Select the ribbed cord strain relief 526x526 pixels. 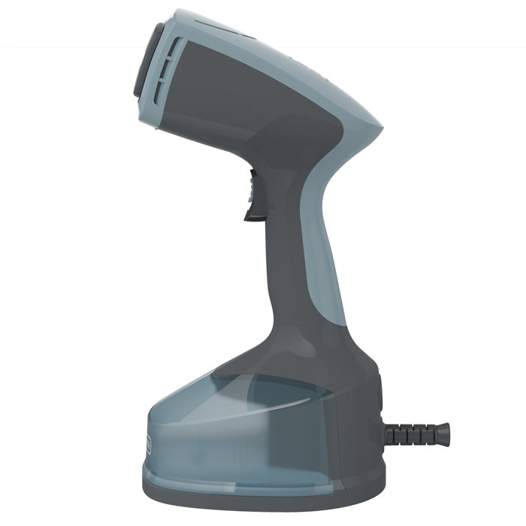click(x=416, y=434)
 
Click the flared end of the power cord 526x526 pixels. click(x=444, y=434)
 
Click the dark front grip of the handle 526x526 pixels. click(x=282, y=248)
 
